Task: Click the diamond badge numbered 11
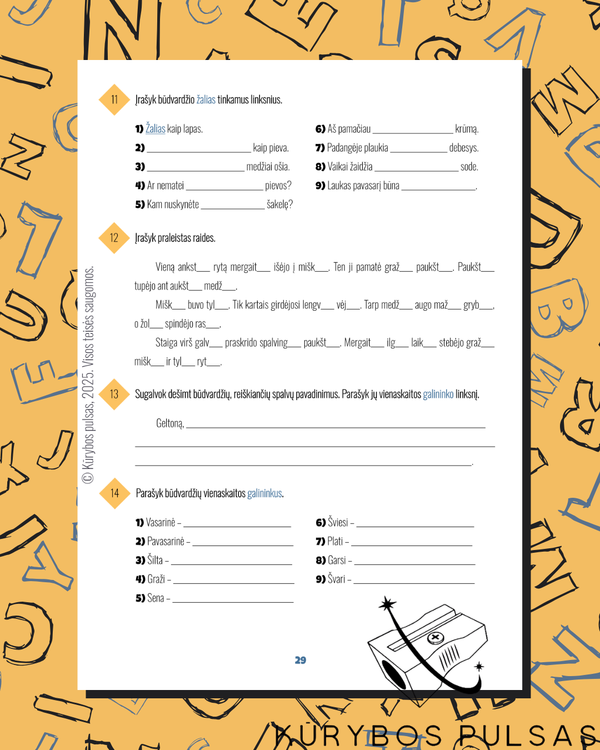click(x=114, y=99)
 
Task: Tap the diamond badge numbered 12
click(x=114, y=238)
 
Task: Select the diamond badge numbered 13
click(x=114, y=394)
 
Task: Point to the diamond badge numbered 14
click(x=114, y=493)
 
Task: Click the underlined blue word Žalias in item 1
click(x=155, y=128)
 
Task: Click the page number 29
click(x=301, y=660)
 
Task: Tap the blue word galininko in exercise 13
click(x=438, y=394)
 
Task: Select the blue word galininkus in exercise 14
click(x=264, y=493)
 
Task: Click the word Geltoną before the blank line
click(x=170, y=423)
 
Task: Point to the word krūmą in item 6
click(x=467, y=129)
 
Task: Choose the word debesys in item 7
click(x=464, y=148)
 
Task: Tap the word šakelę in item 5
click(x=279, y=204)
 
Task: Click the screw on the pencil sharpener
click(x=436, y=638)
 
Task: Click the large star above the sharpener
click(x=387, y=604)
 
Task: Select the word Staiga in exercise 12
click(x=166, y=343)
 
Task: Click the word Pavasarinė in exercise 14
click(x=166, y=541)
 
